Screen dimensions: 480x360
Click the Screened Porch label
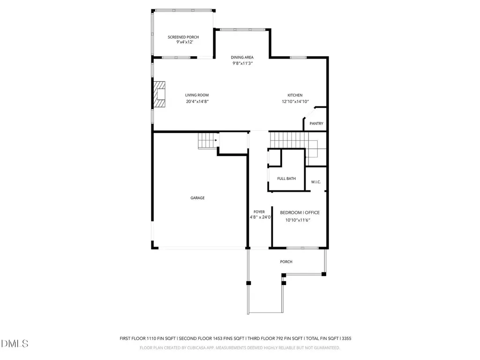(x=183, y=37)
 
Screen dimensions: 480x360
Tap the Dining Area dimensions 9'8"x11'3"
(x=242, y=63)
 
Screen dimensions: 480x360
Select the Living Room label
(x=197, y=95)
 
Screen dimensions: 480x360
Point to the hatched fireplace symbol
(x=159, y=94)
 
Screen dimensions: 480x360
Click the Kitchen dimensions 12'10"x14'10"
(x=295, y=102)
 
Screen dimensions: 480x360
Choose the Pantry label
(x=316, y=124)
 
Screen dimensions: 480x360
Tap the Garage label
(x=197, y=198)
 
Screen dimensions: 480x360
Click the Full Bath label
(x=286, y=179)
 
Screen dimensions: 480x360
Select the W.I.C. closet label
(x=316, y=182)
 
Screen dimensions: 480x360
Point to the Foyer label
(x=259, y=212)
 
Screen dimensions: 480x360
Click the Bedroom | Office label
(x=300, y=212)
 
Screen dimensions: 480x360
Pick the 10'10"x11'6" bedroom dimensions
(x=298, y=220)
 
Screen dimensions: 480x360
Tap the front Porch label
(x=286, y=262)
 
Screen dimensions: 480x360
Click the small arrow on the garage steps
(x=216, y=140)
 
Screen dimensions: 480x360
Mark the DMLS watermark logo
(x=15, y=344)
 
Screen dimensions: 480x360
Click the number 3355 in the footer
(x=346, y=338)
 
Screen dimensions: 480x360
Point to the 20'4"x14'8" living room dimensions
(x=197, y=102)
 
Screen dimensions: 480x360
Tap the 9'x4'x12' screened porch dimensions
(x=185, y=42)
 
